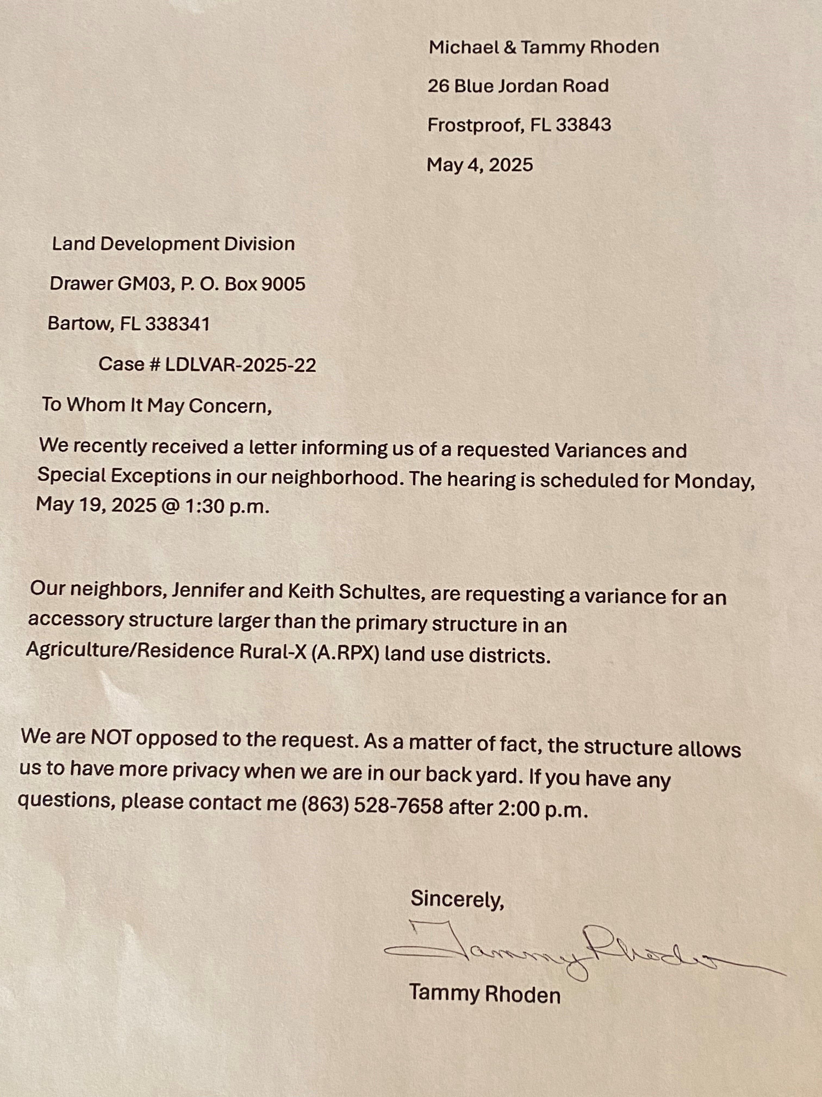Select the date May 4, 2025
(479, 165)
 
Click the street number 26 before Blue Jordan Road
(438, 86)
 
